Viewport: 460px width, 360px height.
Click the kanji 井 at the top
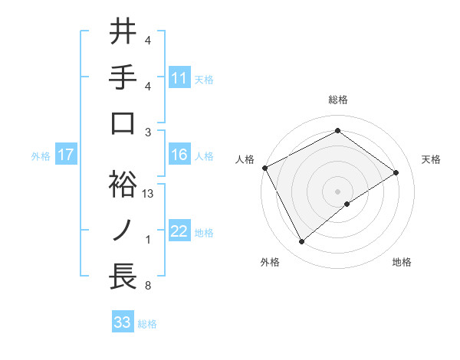(x=122, y=31)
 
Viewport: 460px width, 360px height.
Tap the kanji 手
(x=122, y=77)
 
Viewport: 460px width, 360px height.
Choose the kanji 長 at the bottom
(x=122, y=277)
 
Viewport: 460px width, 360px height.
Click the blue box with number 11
(x=179, y=77)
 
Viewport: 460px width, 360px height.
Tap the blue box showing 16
(x=179, y=155)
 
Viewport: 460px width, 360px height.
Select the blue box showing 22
(x=179, y=231)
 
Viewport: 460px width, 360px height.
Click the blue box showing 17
(x=65, y=155)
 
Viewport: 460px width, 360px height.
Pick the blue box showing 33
(x=123, y=322)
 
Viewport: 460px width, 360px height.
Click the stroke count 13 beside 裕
(x=149, y=194)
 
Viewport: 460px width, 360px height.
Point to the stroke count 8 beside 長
(x=148, y=286)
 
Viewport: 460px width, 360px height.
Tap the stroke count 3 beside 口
(x=148, y=132)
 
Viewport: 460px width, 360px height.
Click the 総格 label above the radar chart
(x=337, y=100)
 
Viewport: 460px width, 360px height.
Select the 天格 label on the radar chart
(x=432, y=159)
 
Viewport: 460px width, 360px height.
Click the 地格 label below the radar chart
(x=402, y=262)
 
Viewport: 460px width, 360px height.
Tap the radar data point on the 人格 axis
(x=265, y=168)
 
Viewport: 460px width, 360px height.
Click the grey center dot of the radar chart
(x=337, y=190)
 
